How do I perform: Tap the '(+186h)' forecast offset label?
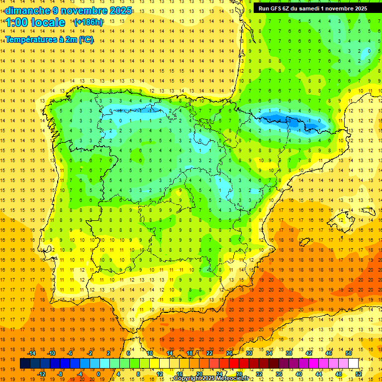89,22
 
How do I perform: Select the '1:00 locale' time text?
35,22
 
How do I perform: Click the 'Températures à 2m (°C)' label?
49,40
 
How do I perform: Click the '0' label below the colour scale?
98,374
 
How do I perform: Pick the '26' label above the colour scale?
229,353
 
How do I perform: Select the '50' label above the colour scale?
349,353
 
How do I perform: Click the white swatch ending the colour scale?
354,364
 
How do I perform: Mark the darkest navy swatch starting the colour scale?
25,364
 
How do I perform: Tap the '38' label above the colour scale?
289,353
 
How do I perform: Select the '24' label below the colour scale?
219,374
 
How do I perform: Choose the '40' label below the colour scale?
299,374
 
